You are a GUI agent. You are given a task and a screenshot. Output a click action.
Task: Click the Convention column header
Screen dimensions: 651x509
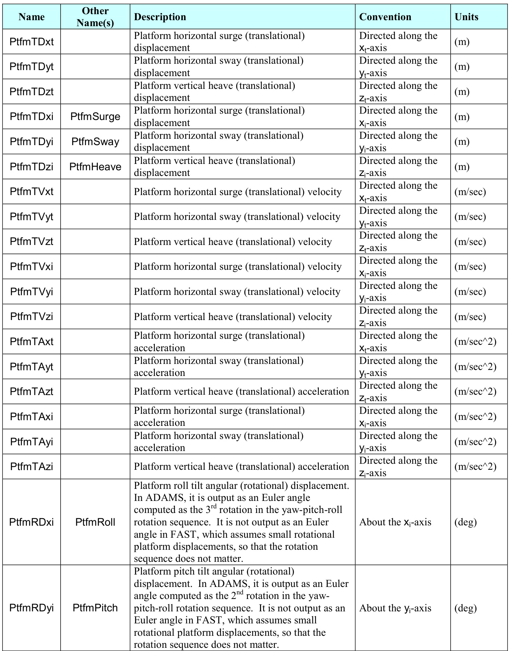385,17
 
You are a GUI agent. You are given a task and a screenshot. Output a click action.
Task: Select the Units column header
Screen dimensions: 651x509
466,17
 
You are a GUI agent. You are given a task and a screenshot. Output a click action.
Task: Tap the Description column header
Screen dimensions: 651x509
160,17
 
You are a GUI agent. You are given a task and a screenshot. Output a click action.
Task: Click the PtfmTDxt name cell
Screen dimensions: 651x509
32,42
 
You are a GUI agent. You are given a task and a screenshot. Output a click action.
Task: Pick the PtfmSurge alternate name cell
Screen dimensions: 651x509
95,117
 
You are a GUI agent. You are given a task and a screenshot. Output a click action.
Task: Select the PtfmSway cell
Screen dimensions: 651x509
95,142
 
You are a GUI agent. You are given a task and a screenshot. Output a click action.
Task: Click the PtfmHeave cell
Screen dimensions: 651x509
95,167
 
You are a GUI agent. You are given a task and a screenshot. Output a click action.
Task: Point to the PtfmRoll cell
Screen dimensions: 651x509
95,522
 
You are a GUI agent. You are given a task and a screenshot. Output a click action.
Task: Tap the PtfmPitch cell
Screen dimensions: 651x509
95,608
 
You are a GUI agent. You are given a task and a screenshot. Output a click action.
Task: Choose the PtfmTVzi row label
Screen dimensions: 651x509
32,316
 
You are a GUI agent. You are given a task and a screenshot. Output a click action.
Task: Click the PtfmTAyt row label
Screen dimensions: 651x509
32,367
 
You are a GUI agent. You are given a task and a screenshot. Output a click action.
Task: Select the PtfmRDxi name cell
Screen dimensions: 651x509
32,522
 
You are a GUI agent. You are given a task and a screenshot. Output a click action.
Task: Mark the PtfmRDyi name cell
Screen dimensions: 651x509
32,608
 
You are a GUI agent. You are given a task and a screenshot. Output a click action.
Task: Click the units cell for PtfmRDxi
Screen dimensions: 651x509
465,522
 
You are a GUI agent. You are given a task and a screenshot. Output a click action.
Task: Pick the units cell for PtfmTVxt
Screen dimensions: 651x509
470,192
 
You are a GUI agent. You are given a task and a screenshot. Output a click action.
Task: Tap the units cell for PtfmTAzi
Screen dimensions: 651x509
475,467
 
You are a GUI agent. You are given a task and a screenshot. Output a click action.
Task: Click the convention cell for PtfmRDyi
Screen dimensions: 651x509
395,608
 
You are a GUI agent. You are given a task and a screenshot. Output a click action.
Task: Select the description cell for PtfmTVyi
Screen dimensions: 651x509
237,292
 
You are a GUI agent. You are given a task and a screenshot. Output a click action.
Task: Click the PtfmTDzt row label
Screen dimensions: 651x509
32,92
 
